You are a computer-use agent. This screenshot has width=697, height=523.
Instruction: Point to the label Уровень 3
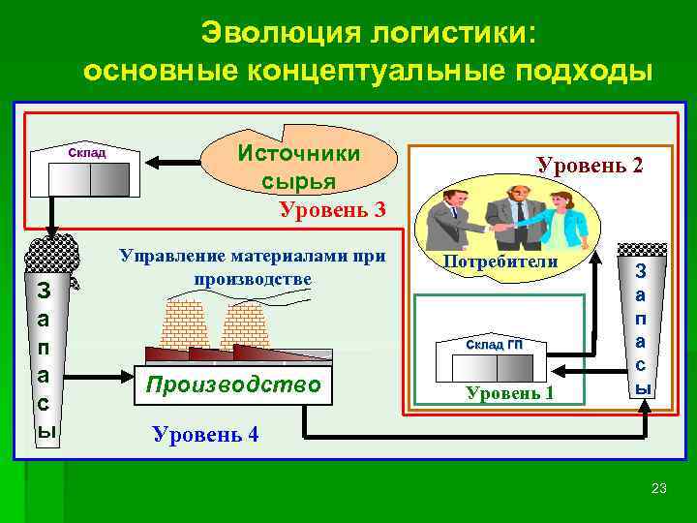[x=332, y=209]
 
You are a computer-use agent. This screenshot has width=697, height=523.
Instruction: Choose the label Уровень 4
[x=205, y=433]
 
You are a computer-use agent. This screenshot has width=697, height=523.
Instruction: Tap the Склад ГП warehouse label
[x=494, y=345]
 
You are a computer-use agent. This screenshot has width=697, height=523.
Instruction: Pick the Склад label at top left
[x=87, y=153]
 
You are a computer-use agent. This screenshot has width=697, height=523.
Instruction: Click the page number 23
[x=659, y=487]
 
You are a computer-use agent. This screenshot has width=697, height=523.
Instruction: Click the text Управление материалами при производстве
[x=252, y=267]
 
